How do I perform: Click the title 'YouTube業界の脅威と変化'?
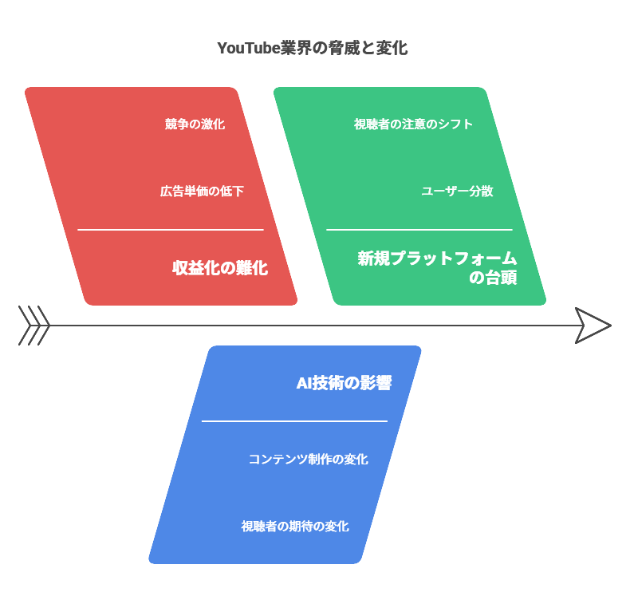(312, 48)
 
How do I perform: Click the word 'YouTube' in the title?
(248, 48)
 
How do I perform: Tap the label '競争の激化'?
(195, 124)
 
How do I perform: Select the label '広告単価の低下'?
(202, 191)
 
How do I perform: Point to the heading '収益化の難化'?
(220, 268)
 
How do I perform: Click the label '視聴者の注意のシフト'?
(413, 124)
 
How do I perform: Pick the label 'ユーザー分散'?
(457, 191)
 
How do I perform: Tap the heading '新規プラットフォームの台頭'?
(437, 268)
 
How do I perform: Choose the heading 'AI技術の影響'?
(344, 383)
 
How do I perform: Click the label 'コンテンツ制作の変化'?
(308, 460)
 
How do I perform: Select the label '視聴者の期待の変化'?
(294, 527)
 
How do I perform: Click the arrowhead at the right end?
(593, 326)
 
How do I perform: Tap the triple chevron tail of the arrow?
(34, 326)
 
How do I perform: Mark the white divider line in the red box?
(170, 230)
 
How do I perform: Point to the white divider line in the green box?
(419, 230)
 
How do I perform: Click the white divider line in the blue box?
(294, 421)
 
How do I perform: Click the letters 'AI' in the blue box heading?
(304, 383)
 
